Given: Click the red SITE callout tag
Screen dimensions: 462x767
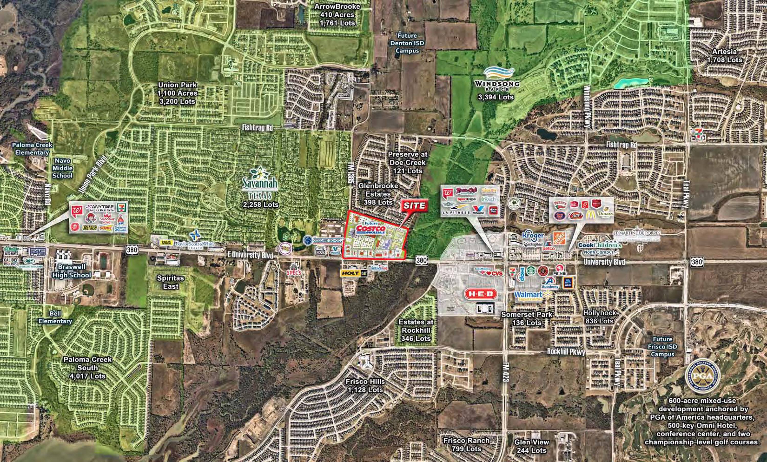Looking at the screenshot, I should click(x=414, y=206).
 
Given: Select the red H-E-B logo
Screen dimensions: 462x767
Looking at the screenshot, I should click(x=481, y=294).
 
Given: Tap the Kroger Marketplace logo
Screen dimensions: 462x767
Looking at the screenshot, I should click(x=532, y=239).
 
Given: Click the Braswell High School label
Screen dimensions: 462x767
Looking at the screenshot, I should click(x=71, y=271).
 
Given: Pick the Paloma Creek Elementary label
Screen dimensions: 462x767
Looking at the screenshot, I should click(x=32, y=149).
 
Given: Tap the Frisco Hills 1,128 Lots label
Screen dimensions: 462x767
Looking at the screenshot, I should click(x=365, y=385).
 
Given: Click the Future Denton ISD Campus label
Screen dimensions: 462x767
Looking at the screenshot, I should click(x=407, y=43).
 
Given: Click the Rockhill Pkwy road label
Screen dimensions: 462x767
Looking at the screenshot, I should click(x=566, y=352).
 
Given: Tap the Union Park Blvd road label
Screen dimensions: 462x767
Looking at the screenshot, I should click(x=93, y=174).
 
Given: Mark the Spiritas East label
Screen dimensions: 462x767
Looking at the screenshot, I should click(x=171, y=282).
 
